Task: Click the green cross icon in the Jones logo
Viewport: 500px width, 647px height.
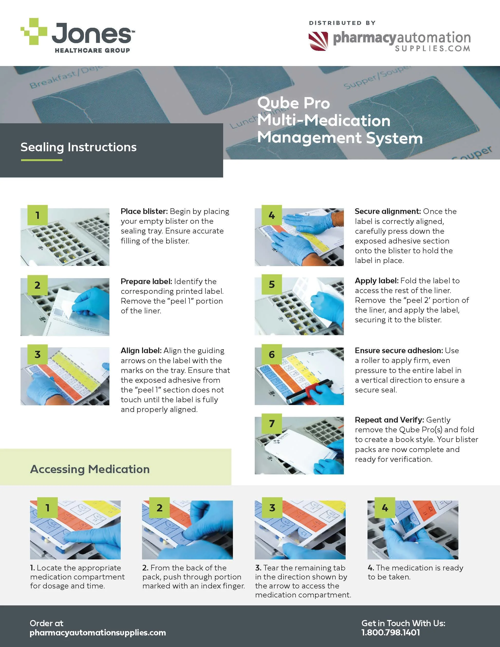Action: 34,32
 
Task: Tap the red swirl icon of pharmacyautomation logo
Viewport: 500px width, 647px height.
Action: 318,41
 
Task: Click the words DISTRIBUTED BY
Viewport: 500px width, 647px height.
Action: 342,23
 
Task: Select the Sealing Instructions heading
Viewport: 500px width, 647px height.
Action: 79,147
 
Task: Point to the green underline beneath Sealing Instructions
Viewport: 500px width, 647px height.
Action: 41,160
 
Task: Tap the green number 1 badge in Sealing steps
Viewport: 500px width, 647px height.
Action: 37,215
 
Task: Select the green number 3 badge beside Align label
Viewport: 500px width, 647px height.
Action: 37,354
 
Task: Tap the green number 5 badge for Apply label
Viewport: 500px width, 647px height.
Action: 272,284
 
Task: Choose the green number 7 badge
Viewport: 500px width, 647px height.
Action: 272,424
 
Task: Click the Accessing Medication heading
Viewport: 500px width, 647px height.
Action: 90,469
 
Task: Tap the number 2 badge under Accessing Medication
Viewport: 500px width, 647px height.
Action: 159,508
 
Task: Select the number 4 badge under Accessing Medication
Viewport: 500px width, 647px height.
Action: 385,508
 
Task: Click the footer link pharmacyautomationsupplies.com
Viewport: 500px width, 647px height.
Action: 98,633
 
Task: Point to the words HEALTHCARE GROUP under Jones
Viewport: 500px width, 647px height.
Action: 92,50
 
